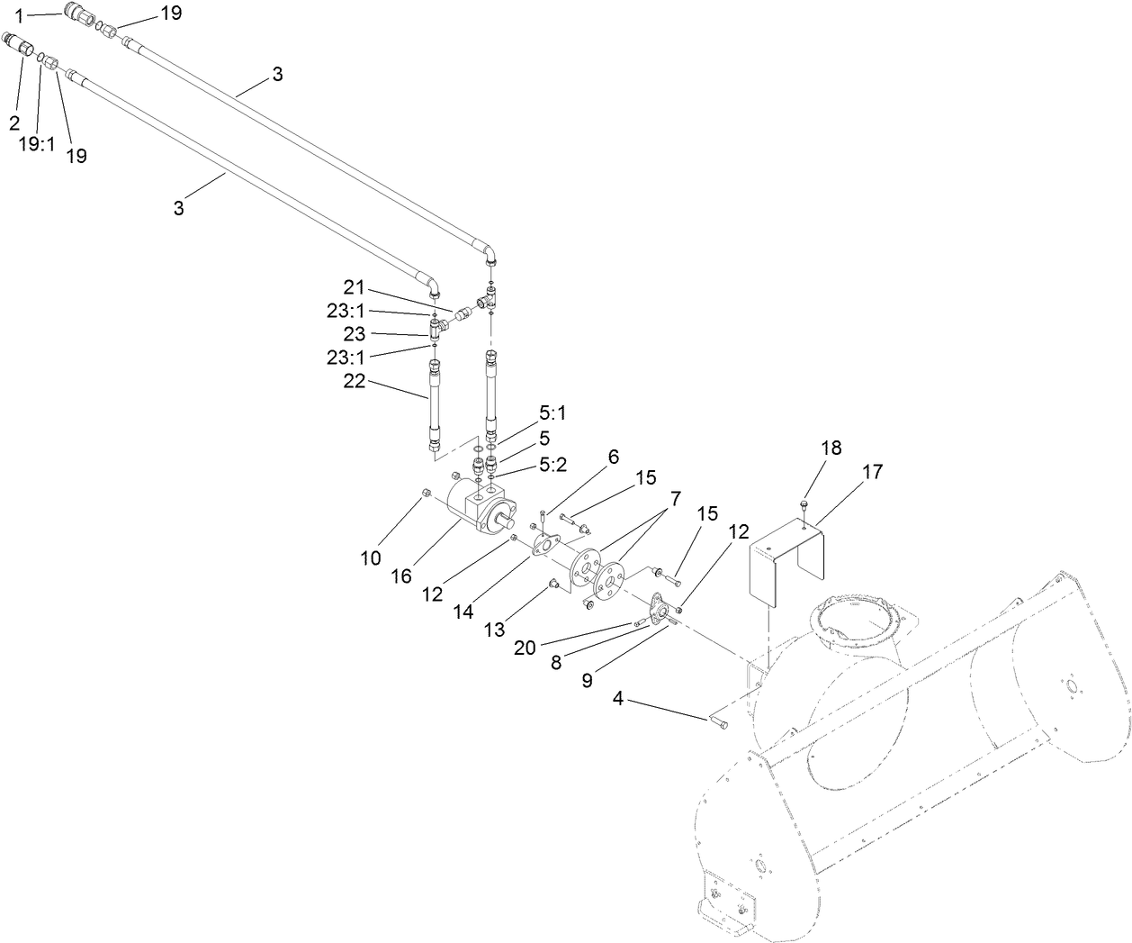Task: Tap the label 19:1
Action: pos(38,142)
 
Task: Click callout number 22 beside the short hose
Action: pos(355,381)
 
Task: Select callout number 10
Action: pos(371,558)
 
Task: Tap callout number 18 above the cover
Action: pos(831,449)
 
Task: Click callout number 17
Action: pos(872,472)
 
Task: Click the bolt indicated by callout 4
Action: pos(717,721)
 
